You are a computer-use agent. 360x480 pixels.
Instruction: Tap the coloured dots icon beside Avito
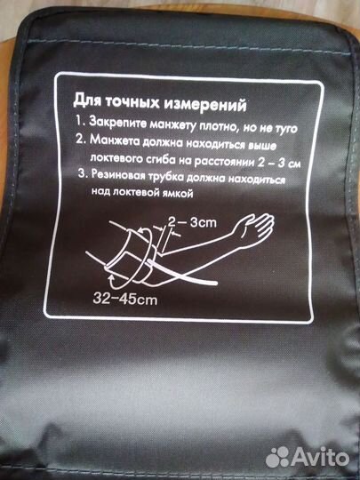click(278, 457)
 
